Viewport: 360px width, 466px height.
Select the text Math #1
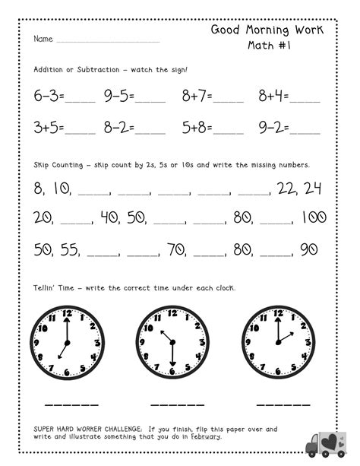click(267, 46)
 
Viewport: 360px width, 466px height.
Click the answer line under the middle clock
click(172, 403)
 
